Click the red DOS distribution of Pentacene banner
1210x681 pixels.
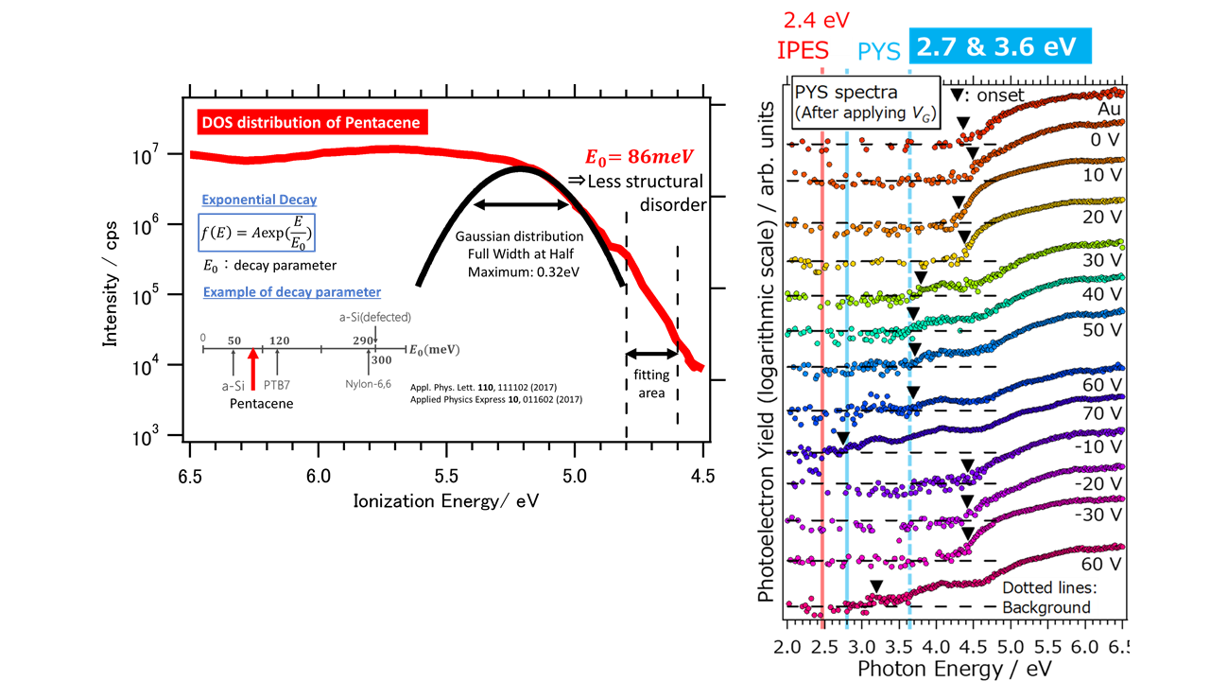click(x=309, y=122)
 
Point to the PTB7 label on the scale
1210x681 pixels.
click(x=277, y=384)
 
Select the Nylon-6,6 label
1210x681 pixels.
click(x=368, y=384)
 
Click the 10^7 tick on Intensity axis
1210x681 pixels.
click(x=157, y=154)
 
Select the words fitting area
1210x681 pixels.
click(x=651, y=382)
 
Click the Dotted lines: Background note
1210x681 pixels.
click(x=1046, y=597)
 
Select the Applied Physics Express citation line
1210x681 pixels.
click(x=495, y=400)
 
